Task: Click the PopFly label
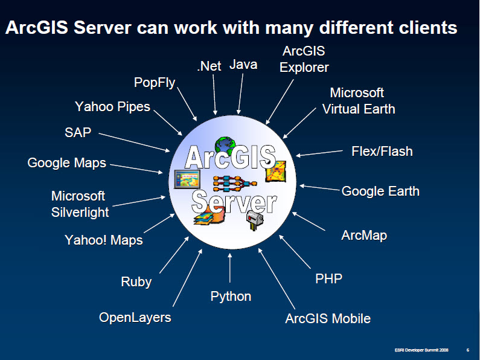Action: point(155,83)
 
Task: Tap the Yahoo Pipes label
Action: point(113,107)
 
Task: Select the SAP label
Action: point(78,132)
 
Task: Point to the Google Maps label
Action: point(67,163)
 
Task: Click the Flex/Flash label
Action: point(382,151)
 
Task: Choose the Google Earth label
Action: point(380,191)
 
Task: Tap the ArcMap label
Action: point(364,236)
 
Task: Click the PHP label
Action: point(329,278)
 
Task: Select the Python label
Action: point(231,297)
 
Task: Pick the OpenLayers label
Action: point(135,318)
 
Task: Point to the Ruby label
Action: point(136,282)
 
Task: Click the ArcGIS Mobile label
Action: point(328,319)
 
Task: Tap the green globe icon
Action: point(225,145)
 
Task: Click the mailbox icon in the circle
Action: point(254,220)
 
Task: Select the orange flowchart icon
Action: point(235,183)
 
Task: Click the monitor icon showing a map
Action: point(187,179)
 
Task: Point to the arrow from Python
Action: point(230,268)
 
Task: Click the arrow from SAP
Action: point(134,143)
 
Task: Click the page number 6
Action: point(468,350)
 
